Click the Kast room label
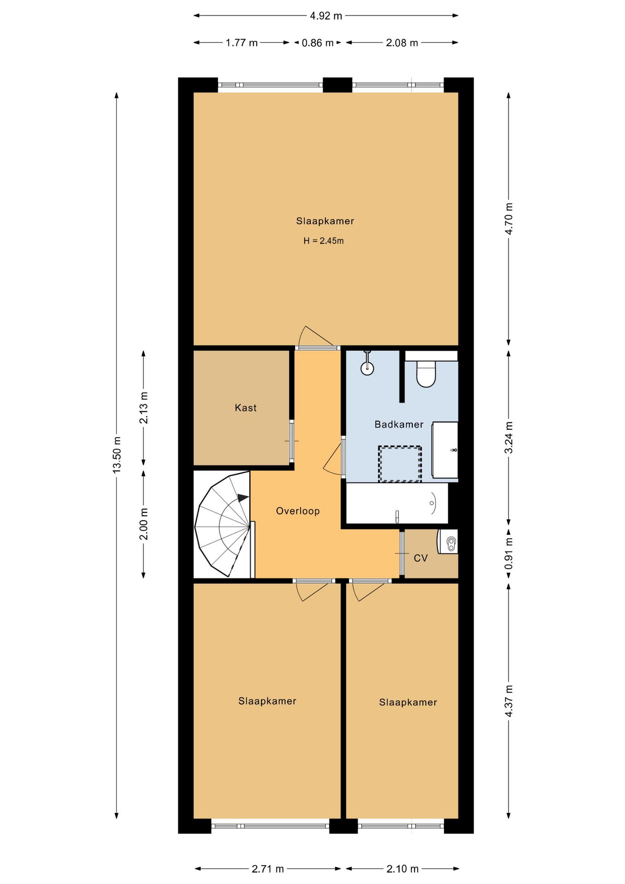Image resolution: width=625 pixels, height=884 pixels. (245, 407)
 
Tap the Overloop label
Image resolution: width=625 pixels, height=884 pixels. (298, 511)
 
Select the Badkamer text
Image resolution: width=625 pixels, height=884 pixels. (399, 424)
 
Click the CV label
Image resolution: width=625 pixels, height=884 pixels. (421, 558)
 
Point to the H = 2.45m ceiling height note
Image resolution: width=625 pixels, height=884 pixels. (324, 241)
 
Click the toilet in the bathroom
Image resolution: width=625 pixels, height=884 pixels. (426, 373)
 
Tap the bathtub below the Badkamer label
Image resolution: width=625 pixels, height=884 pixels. (397, 503)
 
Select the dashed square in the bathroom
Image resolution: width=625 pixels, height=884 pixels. (400, 464)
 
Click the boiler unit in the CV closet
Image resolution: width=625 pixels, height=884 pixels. (448, 541)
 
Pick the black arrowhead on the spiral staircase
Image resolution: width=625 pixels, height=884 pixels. (243, 498)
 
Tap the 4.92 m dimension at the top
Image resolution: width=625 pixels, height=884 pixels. (326, 16)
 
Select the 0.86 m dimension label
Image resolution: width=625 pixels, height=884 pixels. (318, 43)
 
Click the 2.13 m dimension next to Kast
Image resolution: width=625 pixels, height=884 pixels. (144, 408)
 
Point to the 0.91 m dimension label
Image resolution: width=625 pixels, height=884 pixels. (509, 553)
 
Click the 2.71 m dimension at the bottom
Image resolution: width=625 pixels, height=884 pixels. (268, 869)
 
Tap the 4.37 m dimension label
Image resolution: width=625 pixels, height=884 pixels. (509, 701)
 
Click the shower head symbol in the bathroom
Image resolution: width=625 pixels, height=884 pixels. (367, 363)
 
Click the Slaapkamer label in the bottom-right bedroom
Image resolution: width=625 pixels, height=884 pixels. (408, 702)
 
